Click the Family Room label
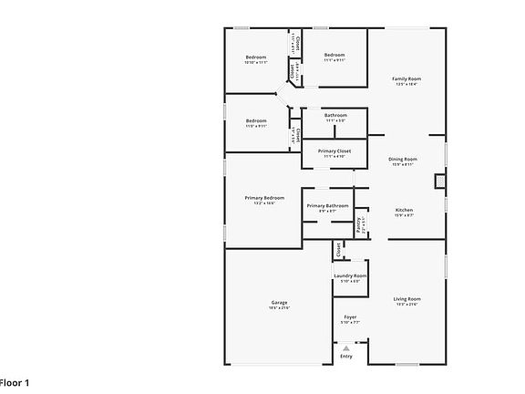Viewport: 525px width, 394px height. point(407,79)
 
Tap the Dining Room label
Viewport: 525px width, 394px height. point(403,159)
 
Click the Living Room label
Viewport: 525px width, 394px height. point(407,299)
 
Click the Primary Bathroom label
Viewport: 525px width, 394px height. point(327,206)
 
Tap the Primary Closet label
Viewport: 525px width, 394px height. point(335,150)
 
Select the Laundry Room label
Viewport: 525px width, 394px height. point(350,275)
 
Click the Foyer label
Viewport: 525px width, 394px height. point(350,316)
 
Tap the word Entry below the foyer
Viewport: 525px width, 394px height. point(346,356)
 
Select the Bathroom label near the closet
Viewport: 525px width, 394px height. point(335,116)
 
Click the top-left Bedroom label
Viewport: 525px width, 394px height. point(255,58)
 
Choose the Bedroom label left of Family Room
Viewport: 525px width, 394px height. point(335,56)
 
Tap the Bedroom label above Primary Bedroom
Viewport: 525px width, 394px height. point(255,121)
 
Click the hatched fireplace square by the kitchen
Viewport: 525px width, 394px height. point(442,181)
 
